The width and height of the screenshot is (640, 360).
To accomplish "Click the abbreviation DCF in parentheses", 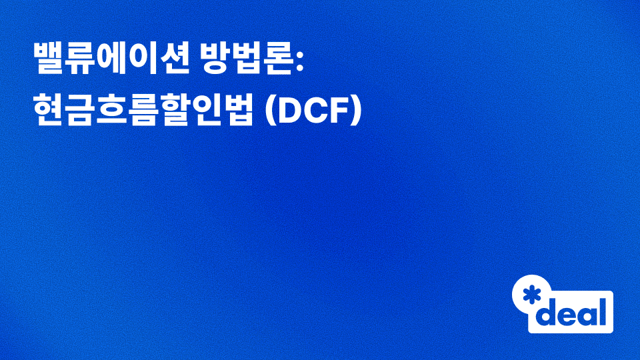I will pyautogui.click(x=313, y=110).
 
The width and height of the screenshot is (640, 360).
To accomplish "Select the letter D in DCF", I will pyautogui.click(x=287, y=110).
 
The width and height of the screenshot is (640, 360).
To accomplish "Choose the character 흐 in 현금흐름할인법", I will pyautogui.click(x=111, y=110).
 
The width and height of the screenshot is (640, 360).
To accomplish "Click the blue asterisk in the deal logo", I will pyautogui.click(x=531, y=294).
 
